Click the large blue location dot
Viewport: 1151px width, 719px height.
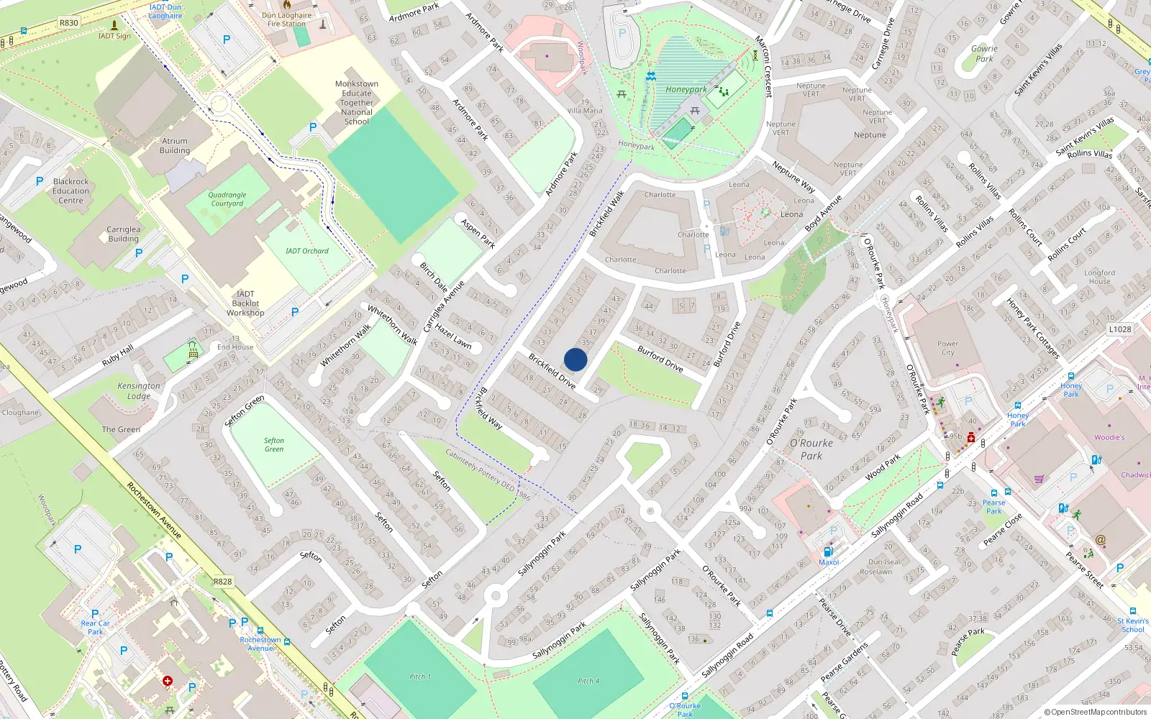[575, 359]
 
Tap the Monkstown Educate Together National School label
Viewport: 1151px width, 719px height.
[357, 103]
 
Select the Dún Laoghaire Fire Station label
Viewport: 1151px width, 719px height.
[287, 19]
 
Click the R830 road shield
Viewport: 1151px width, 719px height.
[69, 23]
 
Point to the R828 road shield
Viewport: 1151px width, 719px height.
[223, 582]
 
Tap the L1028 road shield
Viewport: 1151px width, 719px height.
[1119, 329]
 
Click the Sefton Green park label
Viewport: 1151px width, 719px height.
[274, 444]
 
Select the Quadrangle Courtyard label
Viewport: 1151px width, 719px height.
[227, 199]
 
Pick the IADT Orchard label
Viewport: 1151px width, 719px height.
[307, 251]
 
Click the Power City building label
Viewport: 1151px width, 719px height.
[948, 348]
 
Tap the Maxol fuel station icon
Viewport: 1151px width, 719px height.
[828, 552]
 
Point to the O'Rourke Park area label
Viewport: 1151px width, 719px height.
[811, 449]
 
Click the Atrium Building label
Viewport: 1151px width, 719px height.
[175, 146]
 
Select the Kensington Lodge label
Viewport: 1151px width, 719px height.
[139, 390]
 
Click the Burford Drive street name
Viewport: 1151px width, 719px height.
[660, 358]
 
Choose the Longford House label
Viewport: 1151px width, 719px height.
[1099, 277]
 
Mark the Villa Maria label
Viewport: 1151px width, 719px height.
[585, 111]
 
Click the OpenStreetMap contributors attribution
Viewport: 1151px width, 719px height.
[1096, 713]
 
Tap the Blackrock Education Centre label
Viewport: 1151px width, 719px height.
[71, 191]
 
